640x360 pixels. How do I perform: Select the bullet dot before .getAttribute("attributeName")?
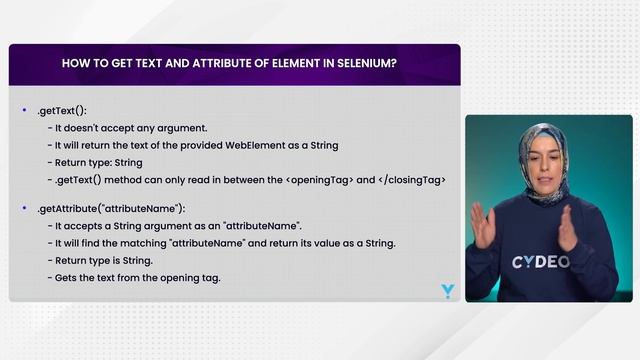24,207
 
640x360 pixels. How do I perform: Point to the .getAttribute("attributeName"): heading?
111,208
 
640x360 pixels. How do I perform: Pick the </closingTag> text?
410,179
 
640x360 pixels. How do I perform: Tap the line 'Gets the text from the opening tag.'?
137,277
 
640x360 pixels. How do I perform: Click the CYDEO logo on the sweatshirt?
542,262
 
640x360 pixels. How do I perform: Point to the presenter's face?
544,159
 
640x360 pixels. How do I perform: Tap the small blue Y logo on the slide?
447,291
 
